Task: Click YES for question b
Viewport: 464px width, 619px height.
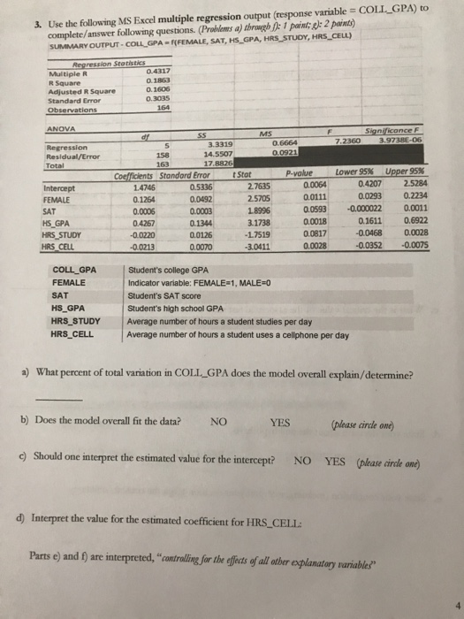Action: [280, 422]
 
